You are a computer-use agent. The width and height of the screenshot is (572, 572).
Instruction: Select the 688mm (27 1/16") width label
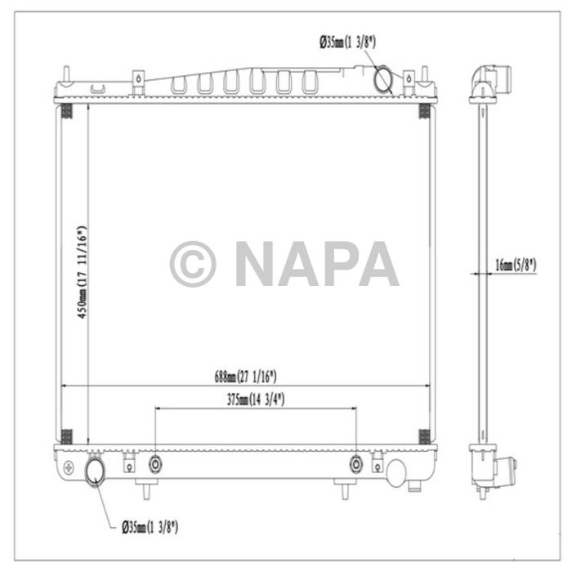point(246,377)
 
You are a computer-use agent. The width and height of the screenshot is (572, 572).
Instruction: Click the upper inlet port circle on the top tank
point(383,79)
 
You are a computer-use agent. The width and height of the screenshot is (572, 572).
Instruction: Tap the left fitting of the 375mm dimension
point(155,464)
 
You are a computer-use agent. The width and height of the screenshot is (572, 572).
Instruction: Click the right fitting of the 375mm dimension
point(356,464)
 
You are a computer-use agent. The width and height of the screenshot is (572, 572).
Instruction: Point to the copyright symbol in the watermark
point(193,264)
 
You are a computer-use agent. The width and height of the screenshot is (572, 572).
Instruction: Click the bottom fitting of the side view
point(500,471)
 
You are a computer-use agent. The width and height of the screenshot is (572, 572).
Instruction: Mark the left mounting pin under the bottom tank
point(145,490)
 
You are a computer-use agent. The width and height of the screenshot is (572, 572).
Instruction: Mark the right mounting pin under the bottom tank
point(342,490)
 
